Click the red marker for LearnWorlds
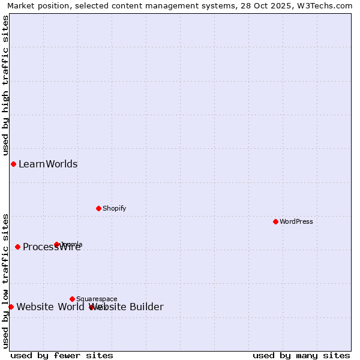13,164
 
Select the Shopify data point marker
98,208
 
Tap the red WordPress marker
275,221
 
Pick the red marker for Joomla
57,244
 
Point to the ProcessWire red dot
17,247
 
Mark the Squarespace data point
72,299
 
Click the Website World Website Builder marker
11,307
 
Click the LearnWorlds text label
48,164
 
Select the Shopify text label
114,208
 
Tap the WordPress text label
296,221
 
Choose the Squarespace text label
97,299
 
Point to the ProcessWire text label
52,247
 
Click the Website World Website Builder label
90,307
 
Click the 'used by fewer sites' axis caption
62,355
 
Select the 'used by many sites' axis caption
301,355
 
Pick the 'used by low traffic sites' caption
5,281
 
